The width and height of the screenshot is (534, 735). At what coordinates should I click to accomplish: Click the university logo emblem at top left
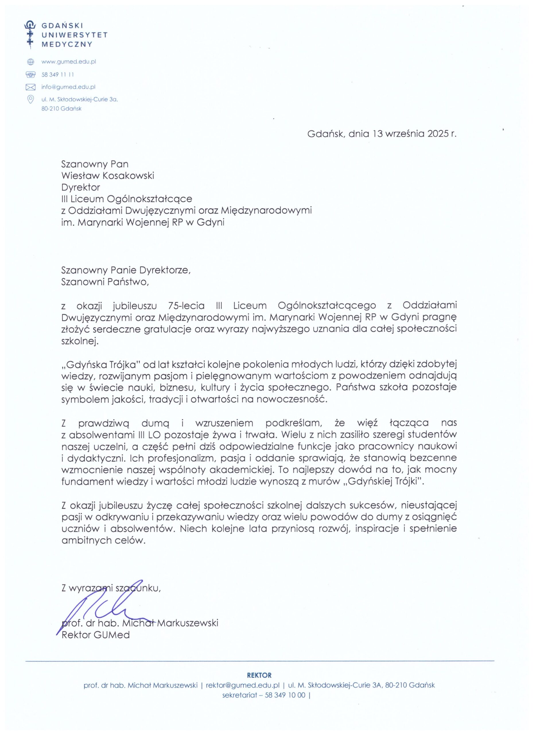pyautogui.click(x=30, y=35)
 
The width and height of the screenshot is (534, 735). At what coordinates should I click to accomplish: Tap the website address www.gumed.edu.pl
pyautogui.click(x=69, y=61)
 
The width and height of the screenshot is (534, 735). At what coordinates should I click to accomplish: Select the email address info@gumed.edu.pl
pyautogui.click(x=68, y=87)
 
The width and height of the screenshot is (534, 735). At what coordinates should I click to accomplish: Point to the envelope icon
pyautogui.click(x=30, y=87)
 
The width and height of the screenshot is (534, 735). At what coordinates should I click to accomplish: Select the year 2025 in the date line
pyautogui.click(x=436, y=134)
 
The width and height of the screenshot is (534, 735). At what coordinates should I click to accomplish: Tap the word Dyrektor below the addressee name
pyautogui.click(x=81, y=187)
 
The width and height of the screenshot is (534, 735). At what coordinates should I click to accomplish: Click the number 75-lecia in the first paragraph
pyautogui.click(x=186, y=305)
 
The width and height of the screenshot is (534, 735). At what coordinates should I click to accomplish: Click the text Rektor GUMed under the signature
pyautogui.click(x=96, y=635)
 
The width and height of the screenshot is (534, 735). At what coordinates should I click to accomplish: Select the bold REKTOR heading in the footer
pyautogui.click(x=259, y=675)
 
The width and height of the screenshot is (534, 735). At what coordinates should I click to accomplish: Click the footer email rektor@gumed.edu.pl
pyautogui.click(x=242, y=685)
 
